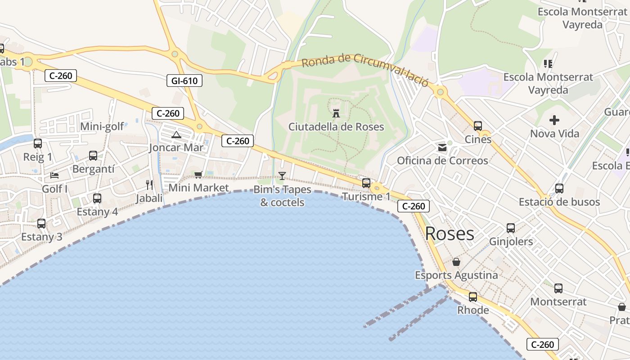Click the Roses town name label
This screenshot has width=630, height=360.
[x=450, y=234]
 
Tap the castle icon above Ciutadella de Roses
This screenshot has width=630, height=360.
[x=336, y=112]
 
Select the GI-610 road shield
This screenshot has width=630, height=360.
[x=184, y=81]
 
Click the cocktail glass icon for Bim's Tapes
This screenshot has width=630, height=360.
[x=282, y=175]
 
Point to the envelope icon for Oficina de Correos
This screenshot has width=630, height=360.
[x=442, y=147]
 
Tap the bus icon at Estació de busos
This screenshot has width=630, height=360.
[x=559, y=189]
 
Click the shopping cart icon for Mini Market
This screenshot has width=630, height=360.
[x=198, y=175]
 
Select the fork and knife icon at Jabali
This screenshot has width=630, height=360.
[x=149, y=184]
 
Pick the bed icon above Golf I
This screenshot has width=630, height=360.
[x=54, y=175]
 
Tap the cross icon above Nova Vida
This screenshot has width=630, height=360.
[x=554, y=120]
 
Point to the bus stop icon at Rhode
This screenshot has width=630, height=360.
[x=472, y=297]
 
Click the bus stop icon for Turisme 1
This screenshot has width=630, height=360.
[x=366, y=183]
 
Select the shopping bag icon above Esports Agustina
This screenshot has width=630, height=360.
[x=456, y=262]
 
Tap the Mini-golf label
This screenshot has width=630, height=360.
[x=102, y=127]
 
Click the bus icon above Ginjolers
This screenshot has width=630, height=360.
[x=510, y=228]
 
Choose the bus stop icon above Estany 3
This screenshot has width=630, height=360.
[x=41, y=223]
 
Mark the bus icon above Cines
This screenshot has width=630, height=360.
[x=477, y=126]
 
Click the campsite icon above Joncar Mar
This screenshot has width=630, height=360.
[x=176, y=135]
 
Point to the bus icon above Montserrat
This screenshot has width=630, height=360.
[x=558, y=288]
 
